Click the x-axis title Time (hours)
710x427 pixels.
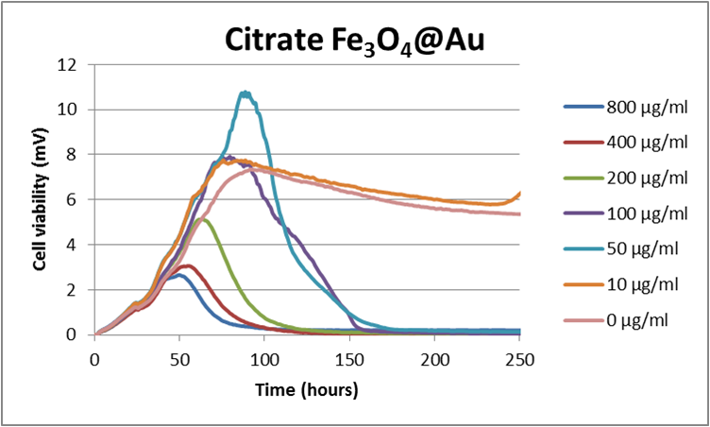[x=307, y=388]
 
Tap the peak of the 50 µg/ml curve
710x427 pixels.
[x=245, y=93]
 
